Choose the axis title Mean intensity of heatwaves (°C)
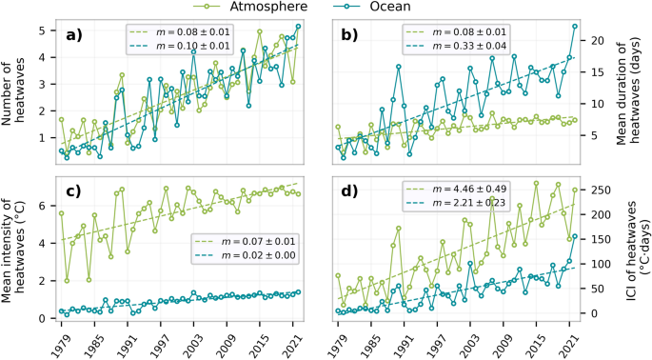pyautogui.click(x=16, y=247)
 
